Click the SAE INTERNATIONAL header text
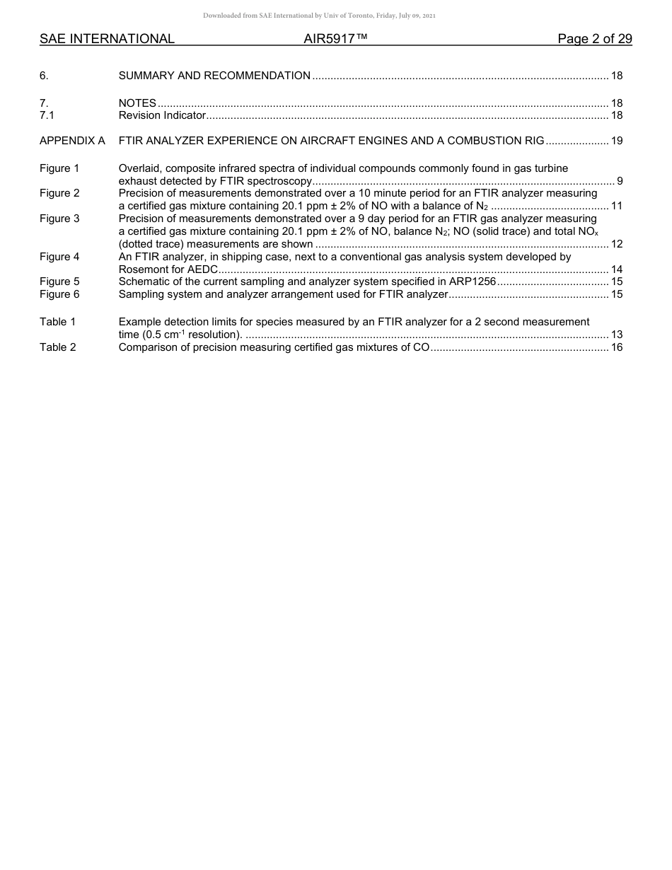click(x=107, y=39)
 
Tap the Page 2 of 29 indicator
click(x=594, y=39)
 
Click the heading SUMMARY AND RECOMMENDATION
click(x=214, y=76)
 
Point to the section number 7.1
click(x=47, y=115)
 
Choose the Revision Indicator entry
click(x=162, y=115)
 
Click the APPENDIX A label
click(x=72, y=141)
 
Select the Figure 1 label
click(x=59, y=168)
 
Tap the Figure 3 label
click(x=59, y=219)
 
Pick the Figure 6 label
click(x=59, y=294)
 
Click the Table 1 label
click(x=57, y=322)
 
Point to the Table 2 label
click(x=57, y=347)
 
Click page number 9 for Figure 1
click(x=620, y=181)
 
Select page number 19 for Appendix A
click(x=616, y=141)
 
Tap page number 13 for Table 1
click(x=616, y=335)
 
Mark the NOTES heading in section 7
click(x=137, y=103)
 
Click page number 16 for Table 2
click(x=616, y=347)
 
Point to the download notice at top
click(x=325, y=16)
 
